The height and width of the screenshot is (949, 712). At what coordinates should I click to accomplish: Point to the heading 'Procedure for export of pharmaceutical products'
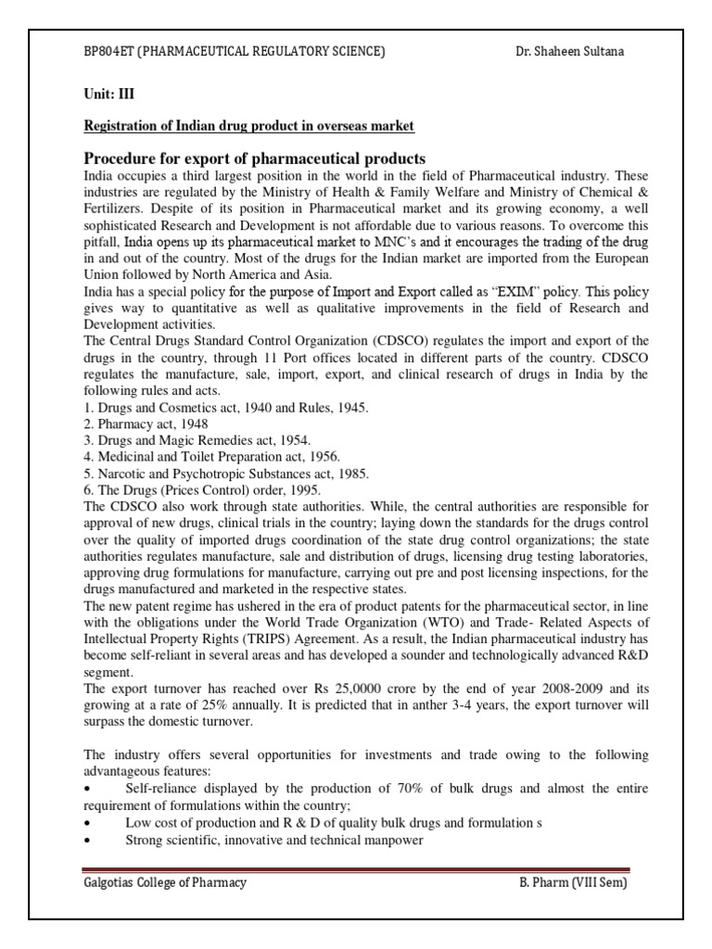(x=255, y=158)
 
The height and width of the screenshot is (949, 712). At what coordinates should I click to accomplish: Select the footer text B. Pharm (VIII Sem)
(x=574, y=882)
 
